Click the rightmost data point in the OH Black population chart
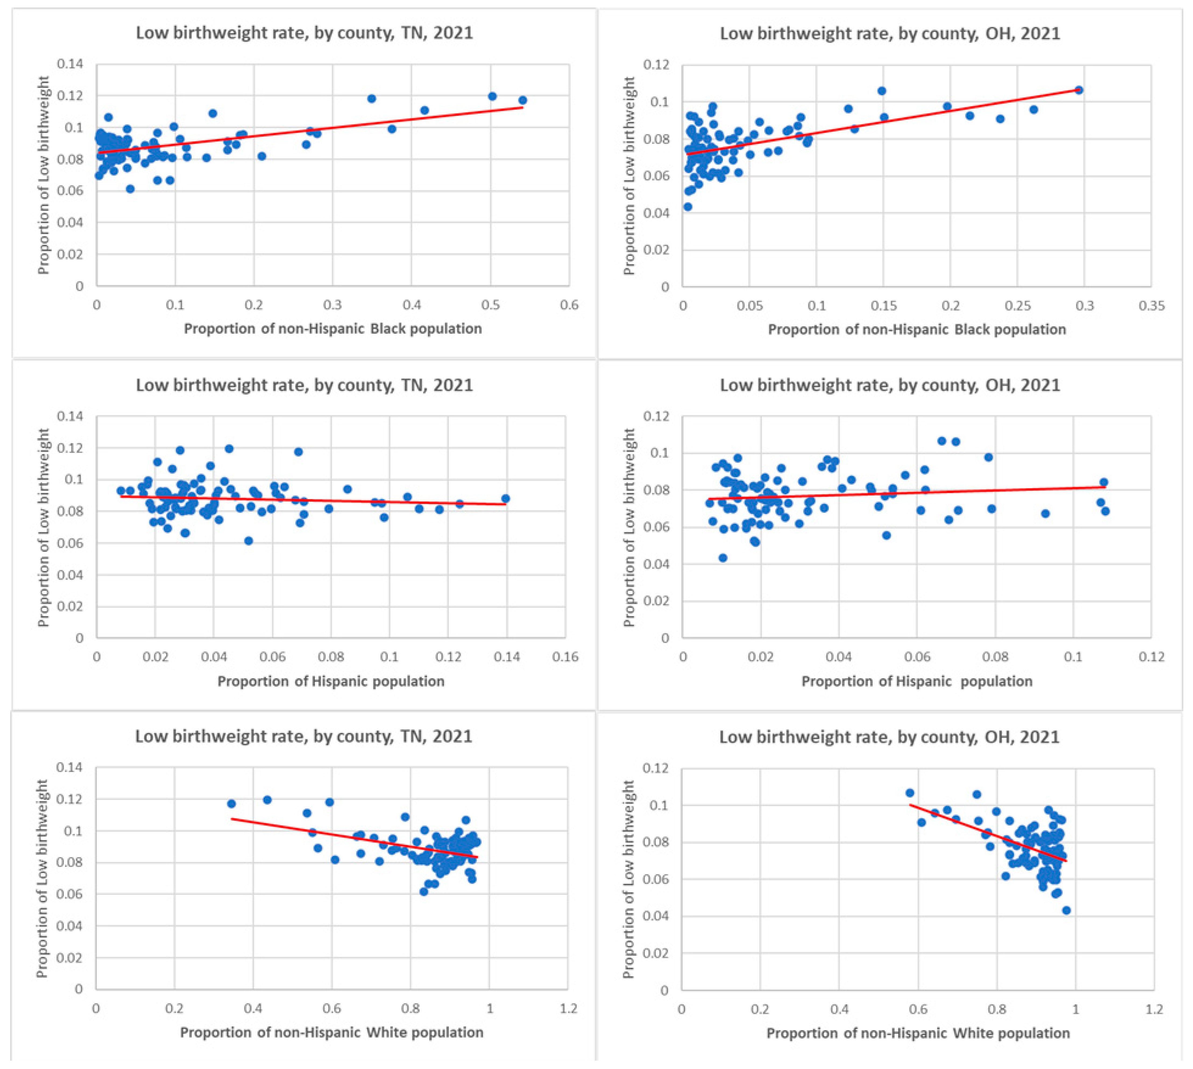click(x=1078, y=90)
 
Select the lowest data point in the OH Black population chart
click(x=688, y=207)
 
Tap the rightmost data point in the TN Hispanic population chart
click(x=505, y=499)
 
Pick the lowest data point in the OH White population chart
click(x=1067, y=910)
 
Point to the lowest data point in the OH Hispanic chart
click(x=723, y=558)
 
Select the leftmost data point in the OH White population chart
click(x=910, y=793)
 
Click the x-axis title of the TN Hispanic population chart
click(x=331, y=681)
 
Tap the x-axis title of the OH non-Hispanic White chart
click(x=918, y=1033)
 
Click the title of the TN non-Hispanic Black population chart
click(x=305, y=33)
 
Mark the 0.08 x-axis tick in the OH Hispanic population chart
click(x=995, y=657)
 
